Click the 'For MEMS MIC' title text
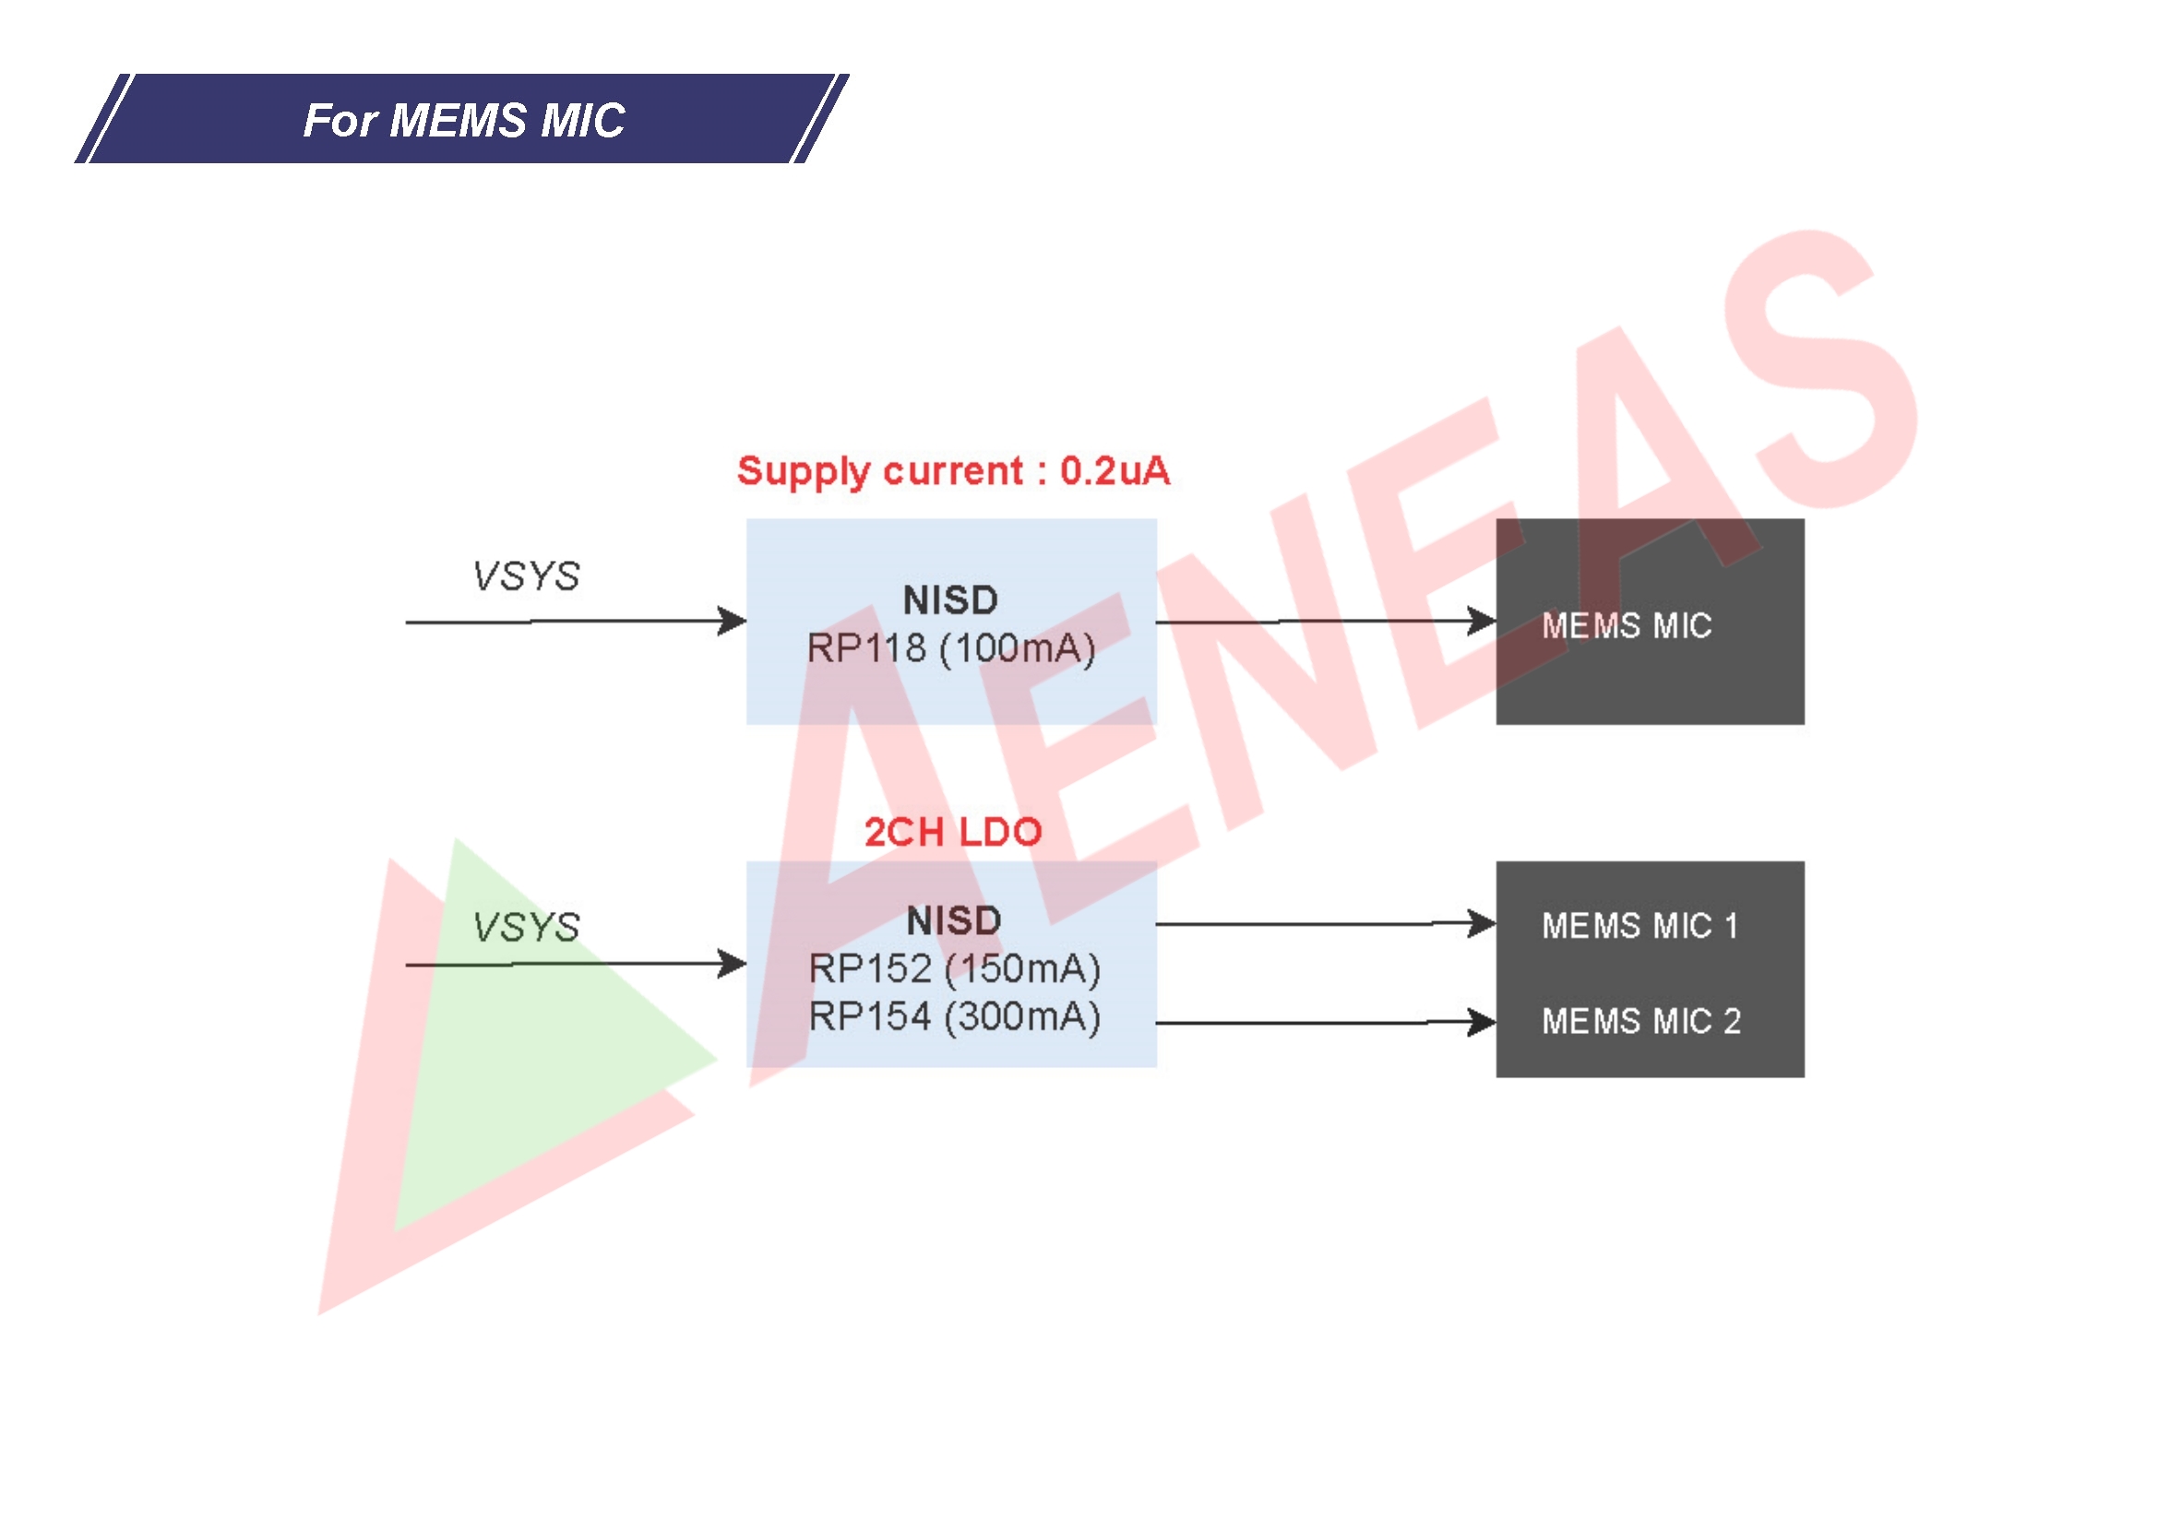464,121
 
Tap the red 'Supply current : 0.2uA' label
953,471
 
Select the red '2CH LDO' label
953,832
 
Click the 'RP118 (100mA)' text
951,648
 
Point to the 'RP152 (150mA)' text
955,969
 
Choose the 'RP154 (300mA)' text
955,1017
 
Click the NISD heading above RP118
950,600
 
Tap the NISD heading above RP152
954,921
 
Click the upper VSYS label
526,575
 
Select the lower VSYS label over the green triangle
526,927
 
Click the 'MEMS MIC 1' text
1639,926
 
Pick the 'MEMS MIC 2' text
1640,1021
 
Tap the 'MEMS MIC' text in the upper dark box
1627,625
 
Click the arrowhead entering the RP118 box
733,621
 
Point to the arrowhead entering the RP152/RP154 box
733,964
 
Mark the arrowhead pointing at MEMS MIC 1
1483,923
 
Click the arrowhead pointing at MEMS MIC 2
1483,1021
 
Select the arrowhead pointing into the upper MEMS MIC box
1483,621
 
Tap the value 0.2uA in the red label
1115,471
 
